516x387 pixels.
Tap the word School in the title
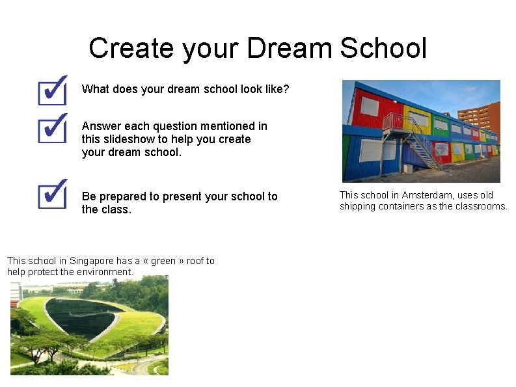(383, 48)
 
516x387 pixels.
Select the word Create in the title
(133, 48)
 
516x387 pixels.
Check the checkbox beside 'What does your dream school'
(53, 90)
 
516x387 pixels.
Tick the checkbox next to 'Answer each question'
(53, 127)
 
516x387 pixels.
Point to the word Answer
(101, 126)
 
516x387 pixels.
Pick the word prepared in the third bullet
(120, 196)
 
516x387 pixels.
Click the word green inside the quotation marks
(163, 261)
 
